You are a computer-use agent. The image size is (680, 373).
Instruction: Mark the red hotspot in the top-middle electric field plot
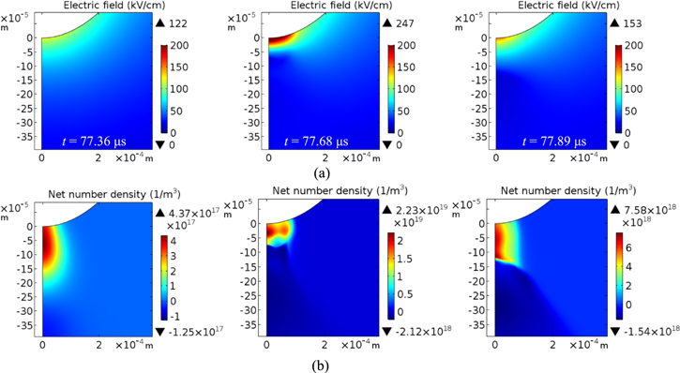(281, 40)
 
